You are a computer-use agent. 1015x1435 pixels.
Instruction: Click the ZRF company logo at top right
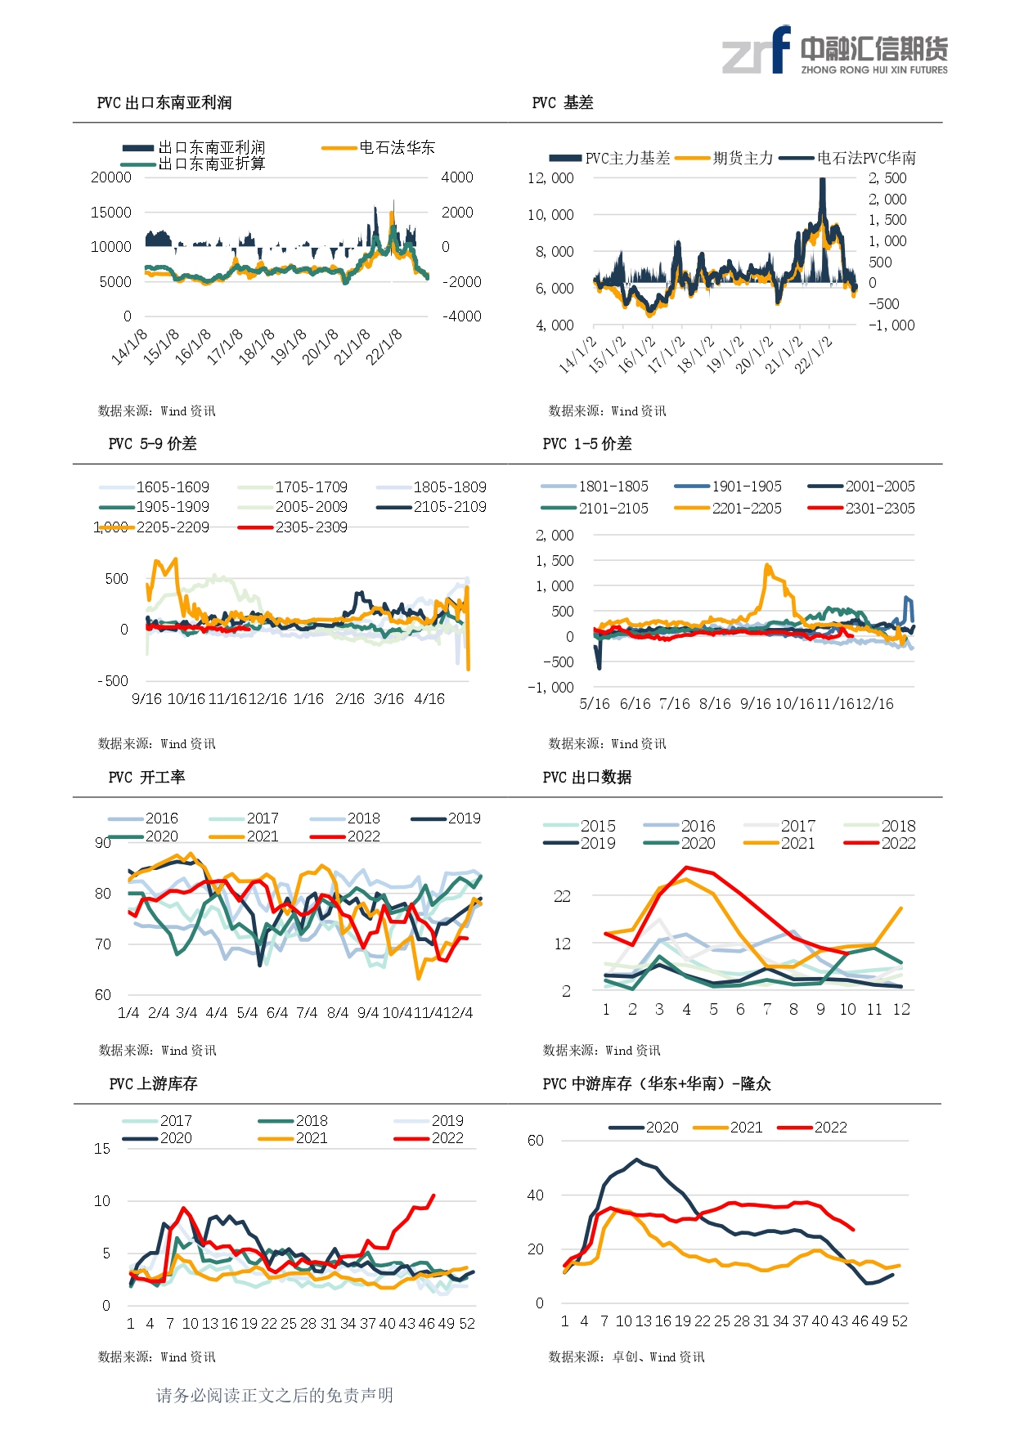coord(834,51)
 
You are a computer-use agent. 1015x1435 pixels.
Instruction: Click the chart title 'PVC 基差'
coord(563,102)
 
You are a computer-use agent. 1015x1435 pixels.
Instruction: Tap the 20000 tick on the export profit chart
coord(111,177)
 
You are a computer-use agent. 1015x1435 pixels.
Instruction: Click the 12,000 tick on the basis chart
coord(550,178)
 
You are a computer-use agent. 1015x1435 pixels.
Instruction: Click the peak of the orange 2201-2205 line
coord(767,564)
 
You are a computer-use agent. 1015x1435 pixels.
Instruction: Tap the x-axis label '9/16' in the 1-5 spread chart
coord(755,704)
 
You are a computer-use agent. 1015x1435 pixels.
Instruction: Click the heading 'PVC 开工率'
coord(147,777)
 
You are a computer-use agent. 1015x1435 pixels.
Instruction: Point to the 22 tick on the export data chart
coord(562,896)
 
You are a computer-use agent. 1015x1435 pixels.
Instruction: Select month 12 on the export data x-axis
coord(901,1010)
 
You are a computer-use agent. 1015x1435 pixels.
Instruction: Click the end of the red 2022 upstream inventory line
coord(433,1195)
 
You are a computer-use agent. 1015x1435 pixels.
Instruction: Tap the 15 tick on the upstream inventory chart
coord(102,1149)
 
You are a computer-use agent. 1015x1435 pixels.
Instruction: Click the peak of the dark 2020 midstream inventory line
coord(637,1159)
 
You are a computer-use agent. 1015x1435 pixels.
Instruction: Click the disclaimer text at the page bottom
coord(275,1395)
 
